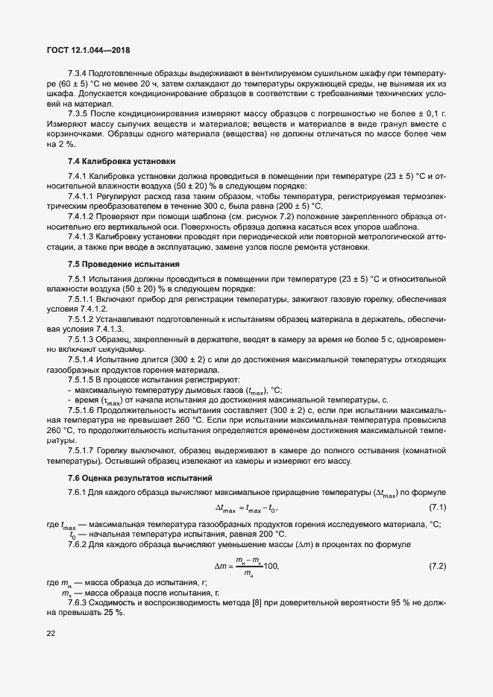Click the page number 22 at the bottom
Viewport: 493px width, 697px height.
coord(51,634)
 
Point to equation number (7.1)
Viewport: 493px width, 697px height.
coord(437,508)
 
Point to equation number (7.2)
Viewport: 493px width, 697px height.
coord(437,567)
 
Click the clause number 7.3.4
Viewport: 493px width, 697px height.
coord(78,75)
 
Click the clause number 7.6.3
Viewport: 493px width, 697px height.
coord(80,602)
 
